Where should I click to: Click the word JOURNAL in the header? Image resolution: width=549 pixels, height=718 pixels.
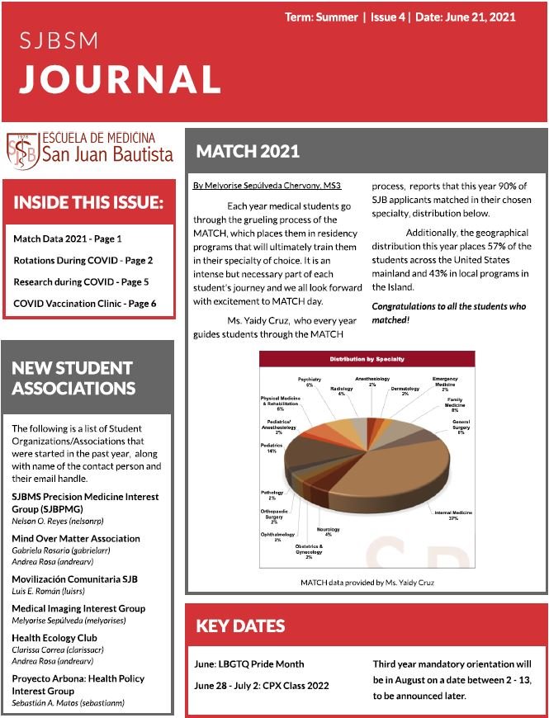(120, 78)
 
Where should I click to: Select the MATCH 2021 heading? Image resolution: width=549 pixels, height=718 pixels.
(248, 152)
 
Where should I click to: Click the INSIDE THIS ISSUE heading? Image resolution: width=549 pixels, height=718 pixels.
(88, 203)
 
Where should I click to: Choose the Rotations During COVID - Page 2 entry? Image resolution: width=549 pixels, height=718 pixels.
(83, 260)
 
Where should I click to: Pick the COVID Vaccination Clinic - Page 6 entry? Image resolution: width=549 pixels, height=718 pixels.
(84, 304)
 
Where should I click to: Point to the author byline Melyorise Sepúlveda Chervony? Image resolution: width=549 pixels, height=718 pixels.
(267, 187)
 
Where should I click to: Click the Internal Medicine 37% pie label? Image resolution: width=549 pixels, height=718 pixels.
(453, 516)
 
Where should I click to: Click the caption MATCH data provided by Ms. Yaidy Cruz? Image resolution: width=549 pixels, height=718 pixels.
(367, 583)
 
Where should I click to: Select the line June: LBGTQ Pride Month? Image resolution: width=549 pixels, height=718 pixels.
(248, 664)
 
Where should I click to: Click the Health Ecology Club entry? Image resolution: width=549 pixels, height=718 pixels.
(54, 638)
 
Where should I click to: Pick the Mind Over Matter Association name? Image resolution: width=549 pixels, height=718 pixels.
(76, 539)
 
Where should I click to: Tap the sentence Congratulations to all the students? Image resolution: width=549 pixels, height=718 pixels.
(448, 312)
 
